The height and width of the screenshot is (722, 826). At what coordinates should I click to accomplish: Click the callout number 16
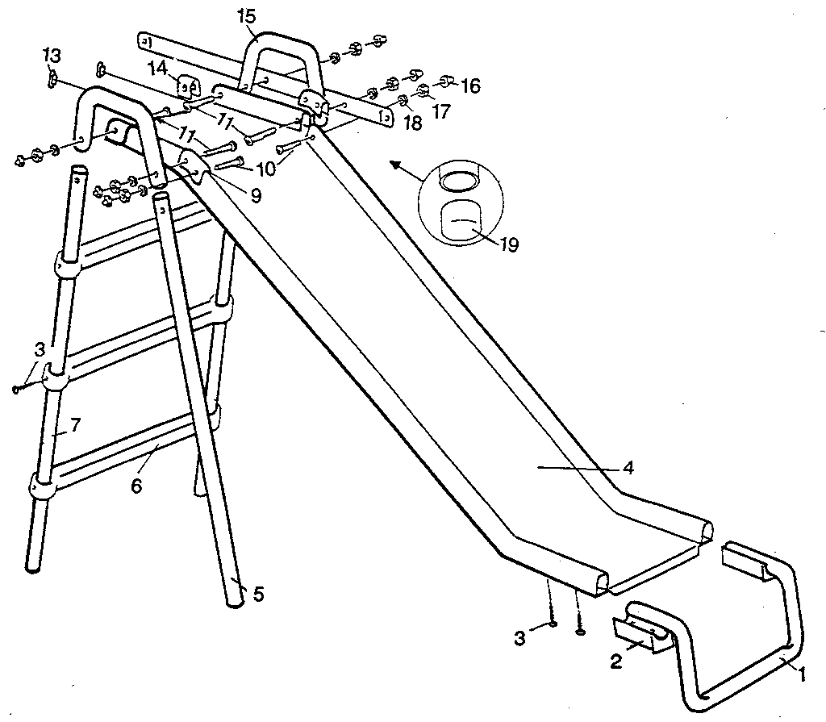pos(470,85)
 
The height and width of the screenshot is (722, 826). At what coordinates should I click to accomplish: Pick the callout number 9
pos(256,194)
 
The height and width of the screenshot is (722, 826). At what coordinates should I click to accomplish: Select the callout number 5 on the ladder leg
pos(257,595)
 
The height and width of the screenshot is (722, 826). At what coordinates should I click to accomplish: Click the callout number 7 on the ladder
pos(74,425)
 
